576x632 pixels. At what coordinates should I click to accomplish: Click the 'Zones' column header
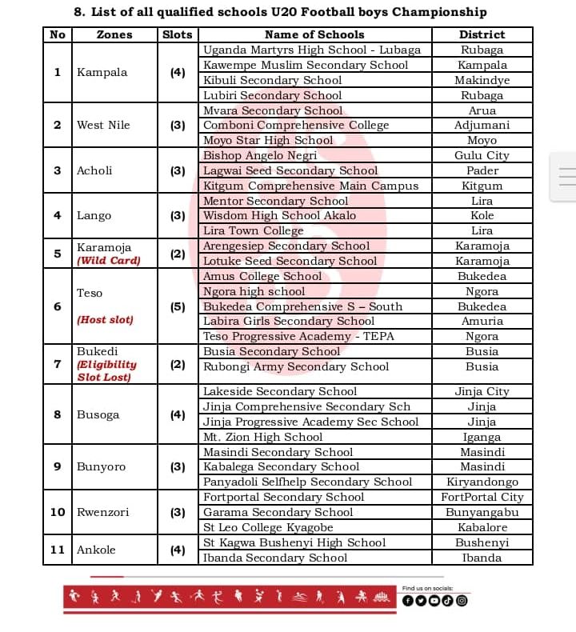tap(114, 34)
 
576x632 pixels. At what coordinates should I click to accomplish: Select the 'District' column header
tap(482, 34)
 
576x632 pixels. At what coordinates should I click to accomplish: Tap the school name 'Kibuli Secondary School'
tap(272, 80)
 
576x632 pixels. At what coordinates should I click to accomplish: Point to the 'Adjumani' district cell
tap(482, 126)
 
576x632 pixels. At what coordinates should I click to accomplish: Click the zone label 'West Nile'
tap(103, 125)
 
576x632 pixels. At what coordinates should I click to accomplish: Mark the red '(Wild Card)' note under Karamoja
tap(108, 261)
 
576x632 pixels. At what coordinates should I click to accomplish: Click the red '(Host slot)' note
tap(105, 320)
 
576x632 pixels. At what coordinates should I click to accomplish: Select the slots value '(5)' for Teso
tap(178, 306)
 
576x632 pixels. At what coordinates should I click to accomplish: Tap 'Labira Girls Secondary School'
tap(289, 321)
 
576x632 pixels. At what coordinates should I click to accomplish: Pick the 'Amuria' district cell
tap(482, 321)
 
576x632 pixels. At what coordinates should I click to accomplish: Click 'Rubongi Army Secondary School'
tap(296, 366)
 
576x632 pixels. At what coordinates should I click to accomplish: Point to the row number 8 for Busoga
tap(58, 414)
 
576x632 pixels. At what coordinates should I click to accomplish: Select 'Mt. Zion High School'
tap(263, 437)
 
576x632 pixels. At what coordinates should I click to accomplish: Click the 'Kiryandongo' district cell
tap(482, 482)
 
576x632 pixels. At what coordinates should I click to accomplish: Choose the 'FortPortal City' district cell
tap(482, 497)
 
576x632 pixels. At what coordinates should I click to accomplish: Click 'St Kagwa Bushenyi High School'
tap(294, 542)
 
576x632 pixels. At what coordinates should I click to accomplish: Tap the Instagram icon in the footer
tap(461, 601)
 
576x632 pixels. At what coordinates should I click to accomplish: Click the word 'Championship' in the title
tap(445, 12)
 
